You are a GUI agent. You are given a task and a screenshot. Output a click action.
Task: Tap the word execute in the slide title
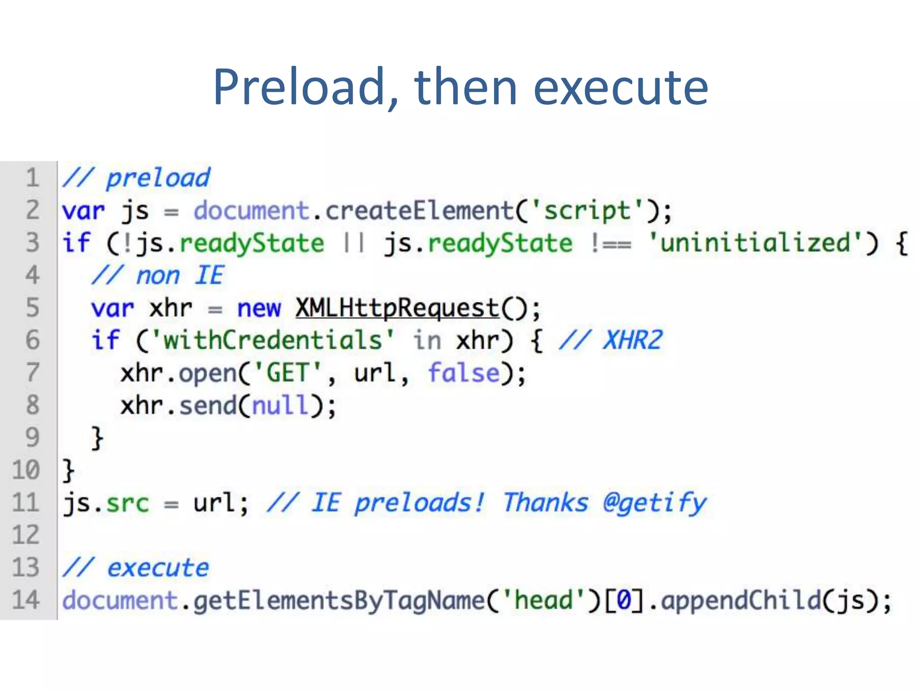tap(621, 88)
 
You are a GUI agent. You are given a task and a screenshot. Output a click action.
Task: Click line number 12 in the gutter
tap(26, 535)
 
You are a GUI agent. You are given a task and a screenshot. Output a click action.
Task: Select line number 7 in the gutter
tap(32, 372)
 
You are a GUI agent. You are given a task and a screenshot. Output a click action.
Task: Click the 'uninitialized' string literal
tap(756, 243)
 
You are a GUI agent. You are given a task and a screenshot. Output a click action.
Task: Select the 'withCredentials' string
tap(273, 341)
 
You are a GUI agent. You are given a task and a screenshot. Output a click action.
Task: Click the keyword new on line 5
tap(259, 309)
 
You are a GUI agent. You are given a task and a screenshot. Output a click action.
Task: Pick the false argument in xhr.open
tap(464, 373)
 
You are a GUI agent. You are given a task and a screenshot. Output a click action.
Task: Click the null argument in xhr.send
tap(281, 405)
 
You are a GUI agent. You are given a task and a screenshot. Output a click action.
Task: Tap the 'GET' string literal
tap(288, 373)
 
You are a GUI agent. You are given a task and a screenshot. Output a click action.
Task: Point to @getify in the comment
tap(654, 503)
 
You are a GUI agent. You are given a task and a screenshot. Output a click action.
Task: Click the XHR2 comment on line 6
tap(632, 340)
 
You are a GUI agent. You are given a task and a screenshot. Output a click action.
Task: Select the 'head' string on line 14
tap(543, 600)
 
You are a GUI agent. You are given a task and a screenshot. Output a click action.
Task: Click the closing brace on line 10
tap(68, 471)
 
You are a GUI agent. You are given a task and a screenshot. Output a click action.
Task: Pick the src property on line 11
tap(127, 503)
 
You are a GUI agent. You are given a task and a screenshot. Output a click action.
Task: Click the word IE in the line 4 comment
tap(209, 275)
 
